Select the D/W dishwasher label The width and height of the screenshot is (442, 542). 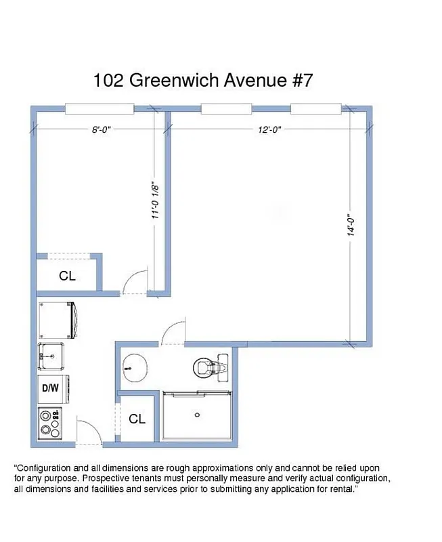[x=50, y=389]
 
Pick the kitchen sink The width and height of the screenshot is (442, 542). [x=51, y=353]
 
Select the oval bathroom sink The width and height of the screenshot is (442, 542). [x=133, y=369]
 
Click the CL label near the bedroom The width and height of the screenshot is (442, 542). [x=67, y=276]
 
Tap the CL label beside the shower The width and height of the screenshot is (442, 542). [x=137, y=419]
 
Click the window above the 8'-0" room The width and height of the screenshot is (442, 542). [x=100, y=108]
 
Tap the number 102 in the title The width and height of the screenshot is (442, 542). [x=108, y=80]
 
